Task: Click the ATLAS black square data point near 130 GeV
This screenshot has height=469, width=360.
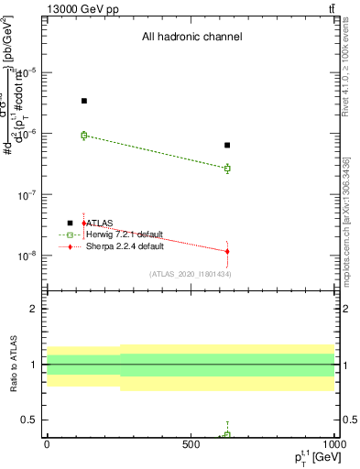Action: click(84, 101)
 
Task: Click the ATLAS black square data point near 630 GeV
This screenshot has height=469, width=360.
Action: click(227, 145)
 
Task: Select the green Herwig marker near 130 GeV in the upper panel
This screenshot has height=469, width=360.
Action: click(84, 136)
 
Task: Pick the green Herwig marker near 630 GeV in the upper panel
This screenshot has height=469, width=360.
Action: click(227, 169)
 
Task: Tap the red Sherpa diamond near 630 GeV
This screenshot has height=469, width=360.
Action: click(227, 251)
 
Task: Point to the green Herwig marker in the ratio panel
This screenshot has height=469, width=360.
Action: click(227, 434)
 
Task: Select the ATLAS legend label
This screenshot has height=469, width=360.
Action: click(98, 223)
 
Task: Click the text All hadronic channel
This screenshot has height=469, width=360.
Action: click(191, 38)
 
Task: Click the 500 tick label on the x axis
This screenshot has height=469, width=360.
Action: click(191, 444)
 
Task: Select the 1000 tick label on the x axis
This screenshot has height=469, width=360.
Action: click(333, 444)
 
